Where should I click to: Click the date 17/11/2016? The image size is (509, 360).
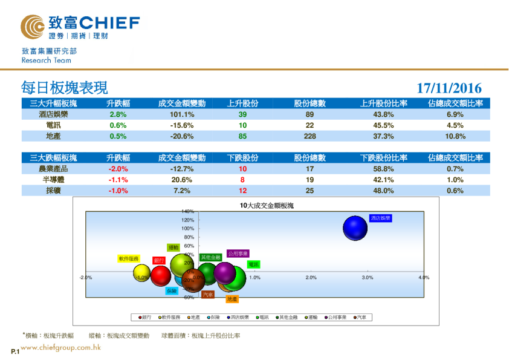(449, 89)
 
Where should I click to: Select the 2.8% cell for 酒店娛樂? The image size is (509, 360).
(118, 114)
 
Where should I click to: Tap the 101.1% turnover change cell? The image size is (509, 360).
(181, 114)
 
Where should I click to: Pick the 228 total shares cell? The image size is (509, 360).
(310, 136)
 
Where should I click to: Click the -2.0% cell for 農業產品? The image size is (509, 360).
(118, 169)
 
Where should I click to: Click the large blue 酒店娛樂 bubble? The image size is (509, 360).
(355, 228)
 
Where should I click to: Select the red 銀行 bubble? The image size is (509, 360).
(161, 275)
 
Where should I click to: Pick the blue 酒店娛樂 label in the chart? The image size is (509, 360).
(381, 217)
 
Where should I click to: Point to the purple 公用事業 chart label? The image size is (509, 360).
(238, 254)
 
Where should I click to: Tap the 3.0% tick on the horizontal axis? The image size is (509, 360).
(367, 277)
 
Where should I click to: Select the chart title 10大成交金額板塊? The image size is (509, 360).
(266, 206)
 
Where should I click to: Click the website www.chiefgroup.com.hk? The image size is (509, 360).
(60, 347)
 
